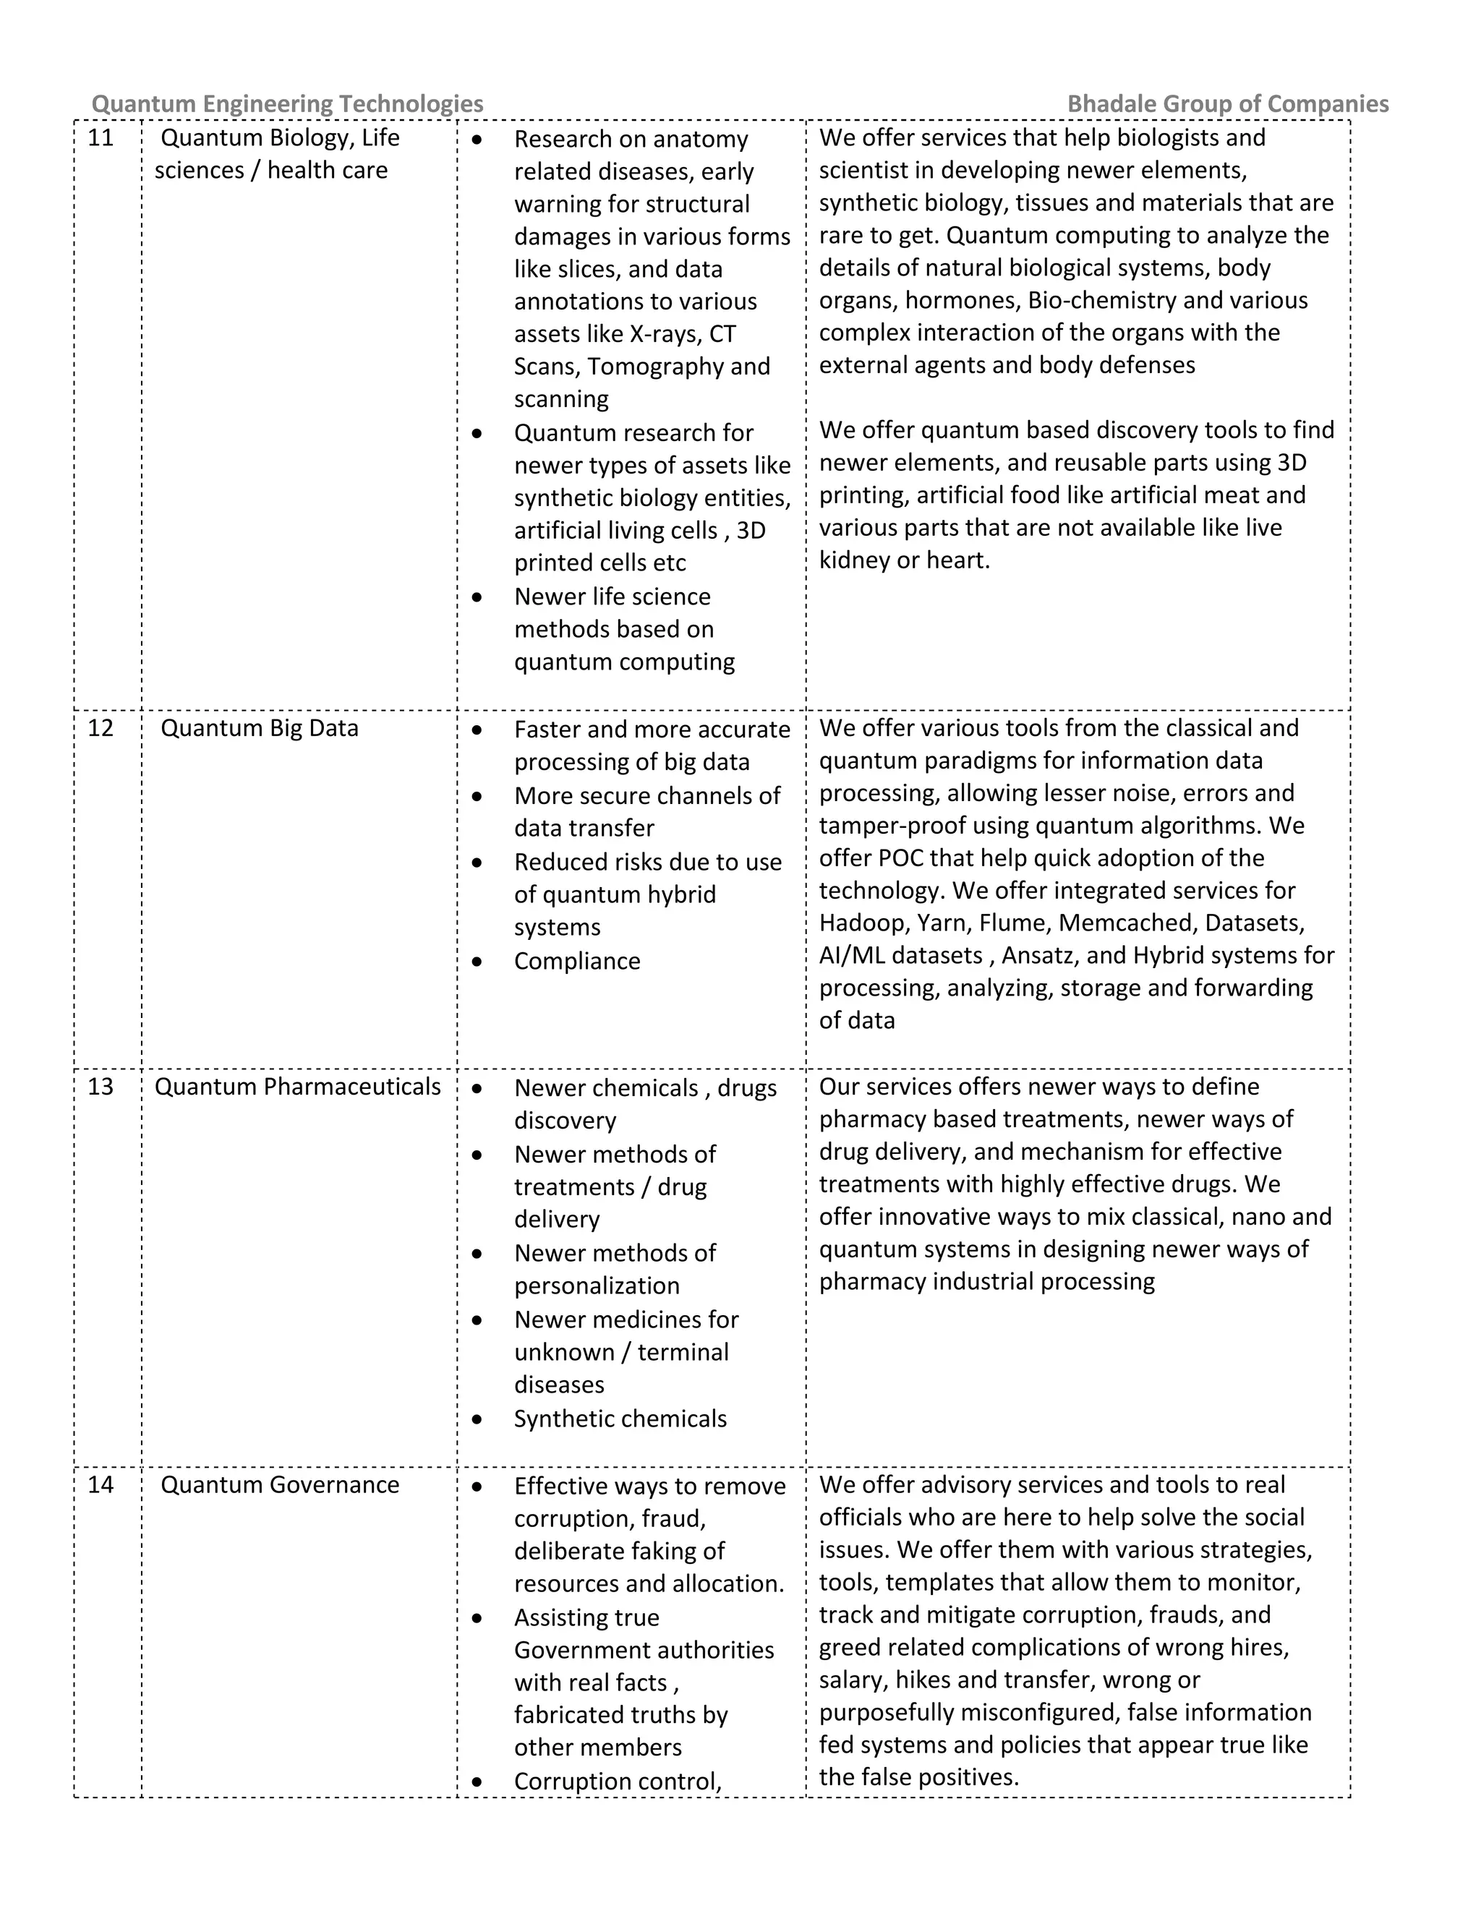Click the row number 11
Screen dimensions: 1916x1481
[101, 137]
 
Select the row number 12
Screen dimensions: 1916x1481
[101, 728]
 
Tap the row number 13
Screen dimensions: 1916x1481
[101, 1087]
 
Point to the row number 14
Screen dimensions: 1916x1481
[101, 1484]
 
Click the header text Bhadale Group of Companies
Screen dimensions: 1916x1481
[1227, 103]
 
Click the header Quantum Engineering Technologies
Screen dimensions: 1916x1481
[287, 103]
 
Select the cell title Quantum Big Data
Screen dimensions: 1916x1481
[259, 728]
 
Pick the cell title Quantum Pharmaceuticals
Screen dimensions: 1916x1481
[297, 1087]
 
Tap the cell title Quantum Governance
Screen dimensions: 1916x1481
[279, 1484]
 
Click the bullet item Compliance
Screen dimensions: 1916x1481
[576, 961]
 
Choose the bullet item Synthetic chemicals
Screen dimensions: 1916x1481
[620, 1419]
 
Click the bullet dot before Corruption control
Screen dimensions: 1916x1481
[477, 1782]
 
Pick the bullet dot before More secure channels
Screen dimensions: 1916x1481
[477, 797]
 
